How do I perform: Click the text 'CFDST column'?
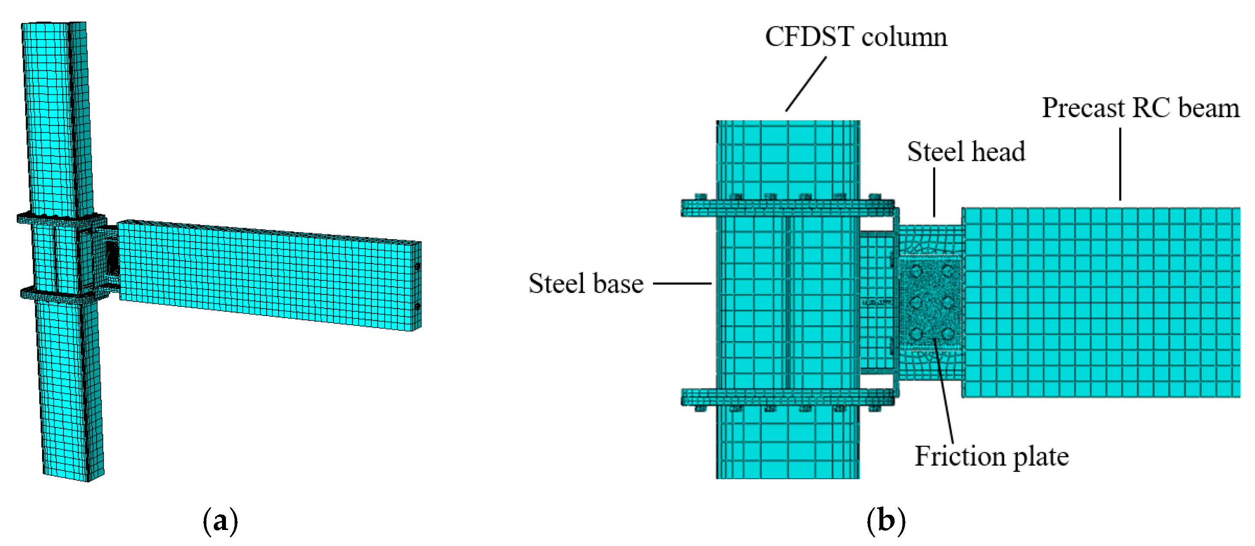pos(856,37)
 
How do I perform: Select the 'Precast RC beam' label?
pos(1140,108)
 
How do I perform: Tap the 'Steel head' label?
pos(966,151)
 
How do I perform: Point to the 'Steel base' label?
pos(586,284)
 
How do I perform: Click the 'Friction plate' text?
pos(991,457)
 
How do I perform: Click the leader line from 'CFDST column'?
pos(806,84)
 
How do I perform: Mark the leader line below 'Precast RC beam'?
pos(1120,164)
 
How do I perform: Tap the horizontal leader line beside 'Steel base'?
pos(682,283)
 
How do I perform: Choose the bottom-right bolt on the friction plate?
pos(948,334)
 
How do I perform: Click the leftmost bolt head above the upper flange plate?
pos(701,197)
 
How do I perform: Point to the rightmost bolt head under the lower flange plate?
pos(875,408)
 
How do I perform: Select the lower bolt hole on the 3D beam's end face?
pos(418,307)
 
